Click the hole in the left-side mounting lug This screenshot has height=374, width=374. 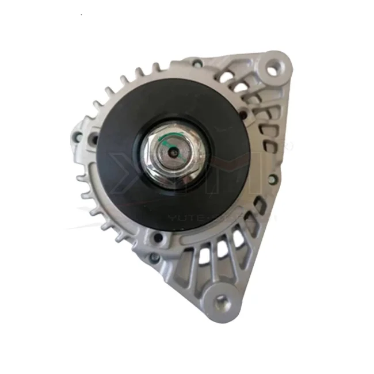(93, 138)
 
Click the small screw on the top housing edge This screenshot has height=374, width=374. (197, 63)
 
